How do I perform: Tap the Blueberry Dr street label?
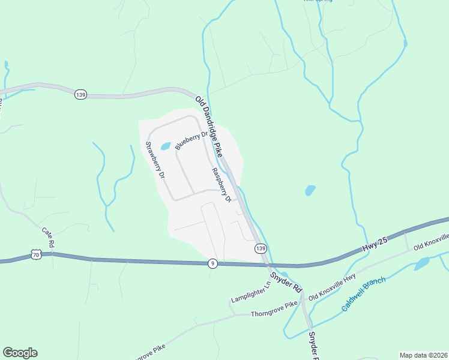point(190,140)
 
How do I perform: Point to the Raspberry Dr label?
point(221,185)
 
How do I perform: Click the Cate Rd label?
point(48,237)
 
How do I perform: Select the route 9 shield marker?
point(212,263)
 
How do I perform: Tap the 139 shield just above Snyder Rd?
point(260,248)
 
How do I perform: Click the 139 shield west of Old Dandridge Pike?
point(81,94)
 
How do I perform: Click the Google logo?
point(20,353)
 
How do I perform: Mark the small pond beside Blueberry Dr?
point(166,146)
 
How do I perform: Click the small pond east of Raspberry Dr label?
point(310,191)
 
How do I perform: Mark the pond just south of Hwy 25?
point(421,263)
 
